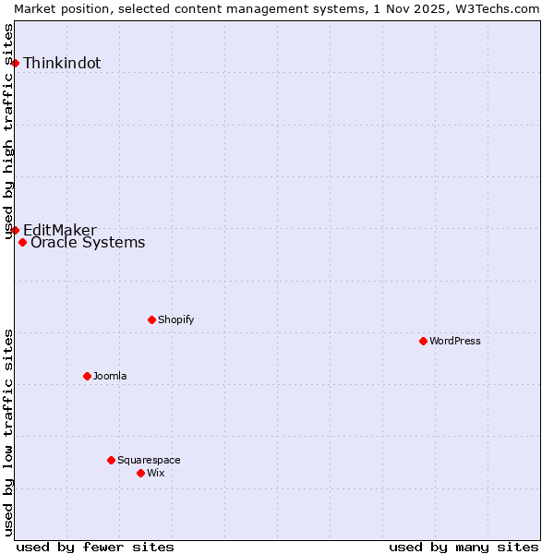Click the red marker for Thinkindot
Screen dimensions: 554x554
pyautogui.click(x=15, y=63)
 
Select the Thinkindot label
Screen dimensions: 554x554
pyautogui.click(x=62, y=64)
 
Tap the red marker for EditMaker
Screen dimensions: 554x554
pyautogui.click(x=15, y=230)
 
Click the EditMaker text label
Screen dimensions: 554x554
pyautogui.click(x=59, y=230)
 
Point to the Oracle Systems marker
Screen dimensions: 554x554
pyautogui.click(x=22, y=243)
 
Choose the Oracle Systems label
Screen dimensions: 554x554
pyautogui.click(x=88, y=243)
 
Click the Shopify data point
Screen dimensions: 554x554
pyautogui.click(x=151, y=319)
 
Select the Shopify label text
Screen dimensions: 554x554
pyautogui.click(x=175, y=319)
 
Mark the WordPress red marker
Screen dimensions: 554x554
pyautogui.click(x=423, y=341)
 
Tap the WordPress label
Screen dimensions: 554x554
pyautogui.click(x=454, y=341)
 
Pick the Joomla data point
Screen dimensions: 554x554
pyautogui.click(x=87, y=376)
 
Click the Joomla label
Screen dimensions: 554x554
pyautogui.click(x=110, y=376)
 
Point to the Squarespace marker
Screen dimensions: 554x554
pyautogui.click(x=111, y=460)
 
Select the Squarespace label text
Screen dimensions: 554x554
pyautogui.click(x=149, y=460)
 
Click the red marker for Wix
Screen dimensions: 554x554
pyautogui.click(x=140, y=473)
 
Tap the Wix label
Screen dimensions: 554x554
pyautogui.click(x=155, y=473)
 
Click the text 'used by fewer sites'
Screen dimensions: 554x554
pyautogui.click(x=95, y=547)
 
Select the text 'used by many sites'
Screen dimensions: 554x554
pyautogui.click(x=464, y=547)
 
